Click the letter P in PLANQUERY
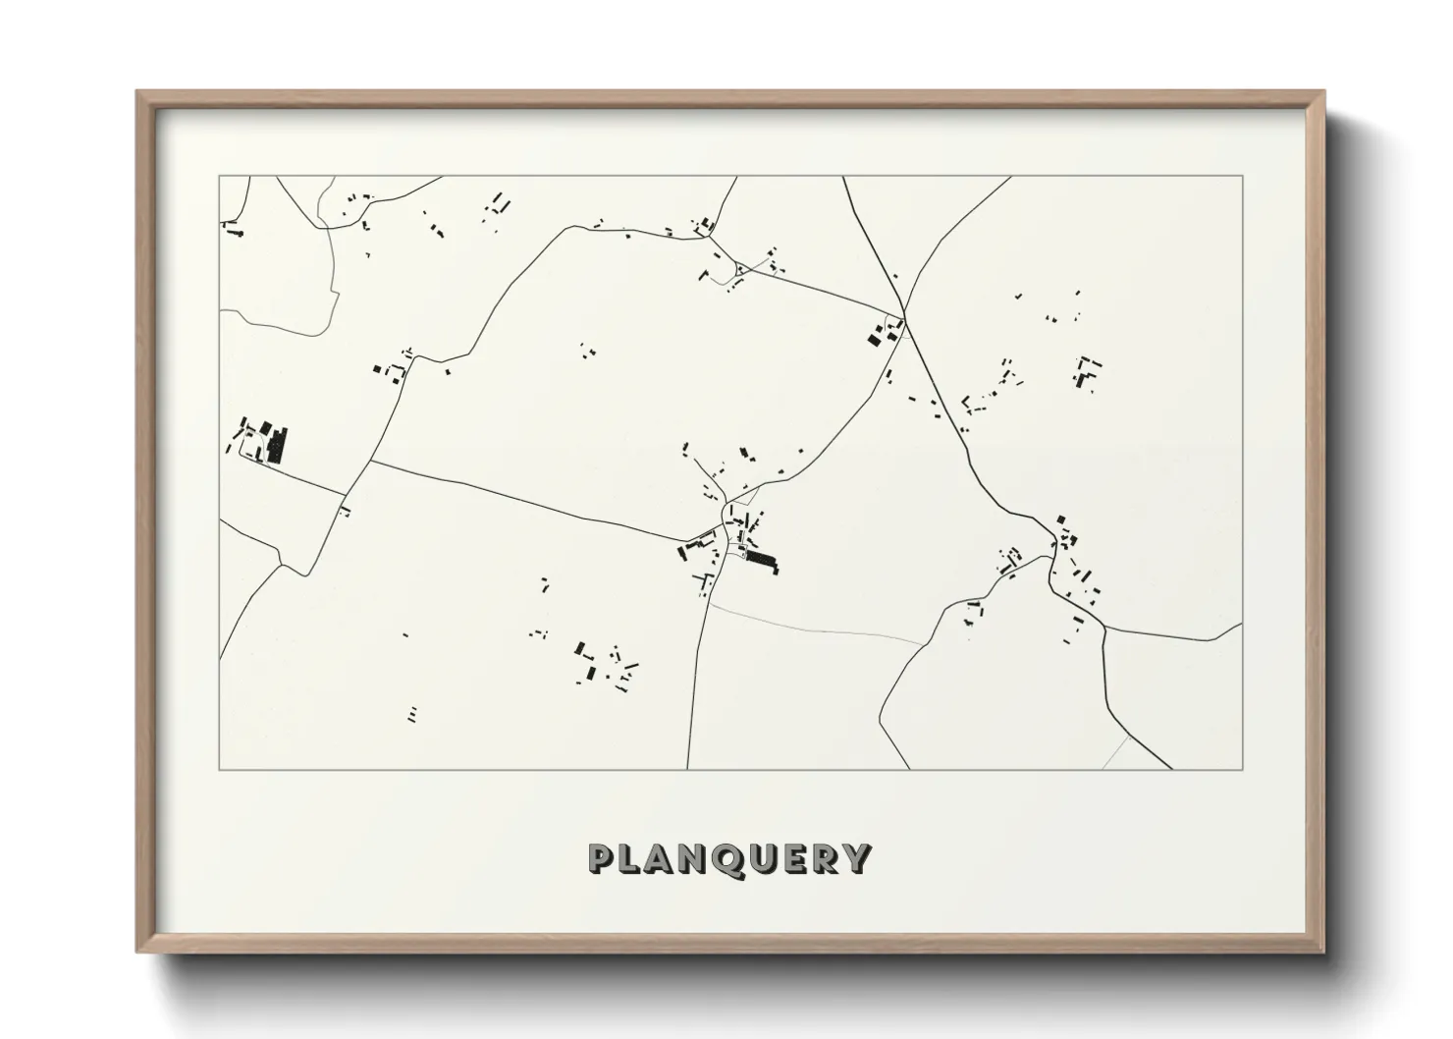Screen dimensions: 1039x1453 click(x=602, y=858)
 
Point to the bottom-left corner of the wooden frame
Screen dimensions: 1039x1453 click(x=137, y=952)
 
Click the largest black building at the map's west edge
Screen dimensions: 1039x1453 click(x=276, y=444)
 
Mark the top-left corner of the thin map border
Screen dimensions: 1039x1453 click(x=219, y=176)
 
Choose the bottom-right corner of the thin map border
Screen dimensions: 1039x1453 click(x=1243, y=770)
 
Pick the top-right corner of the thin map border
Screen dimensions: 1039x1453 click(x=1243, y=176)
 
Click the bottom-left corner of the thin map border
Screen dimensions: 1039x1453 click(x=219, y=770)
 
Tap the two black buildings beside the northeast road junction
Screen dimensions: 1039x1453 click(x=874, y=339)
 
